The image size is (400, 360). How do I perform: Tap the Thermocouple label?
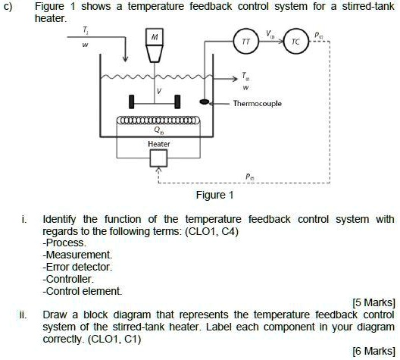click(258, 104)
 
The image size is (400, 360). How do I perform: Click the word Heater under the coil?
click(158, 143)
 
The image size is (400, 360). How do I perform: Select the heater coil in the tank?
click(158, 121)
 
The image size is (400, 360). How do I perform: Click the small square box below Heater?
click(158, 158)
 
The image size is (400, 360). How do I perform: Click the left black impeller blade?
click(132, 101)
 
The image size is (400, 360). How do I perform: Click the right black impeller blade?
click(177, 101)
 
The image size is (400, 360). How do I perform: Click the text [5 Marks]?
click(370, 303)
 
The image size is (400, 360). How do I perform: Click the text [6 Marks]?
click(370, 350)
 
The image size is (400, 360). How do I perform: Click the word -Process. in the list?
click(64, 243)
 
